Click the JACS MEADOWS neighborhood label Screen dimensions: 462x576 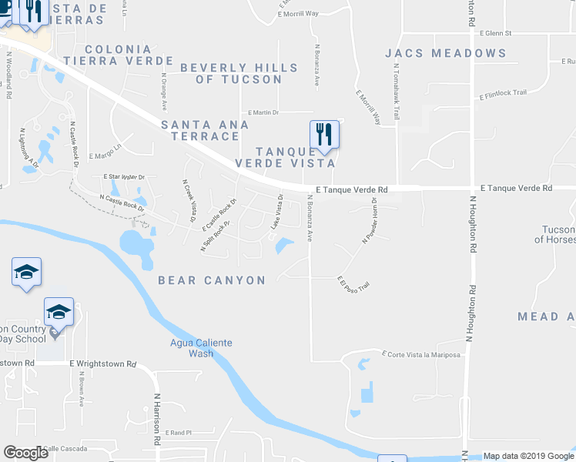click(446, 53)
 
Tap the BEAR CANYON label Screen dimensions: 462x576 click(212, 280)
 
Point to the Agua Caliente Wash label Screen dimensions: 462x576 click(201, 348)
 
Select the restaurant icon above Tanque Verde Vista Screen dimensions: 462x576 click(324, 136)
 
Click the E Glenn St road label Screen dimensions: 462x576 click(495, 34)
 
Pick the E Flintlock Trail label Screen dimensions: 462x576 click(503, 94)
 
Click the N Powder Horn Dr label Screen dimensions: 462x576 click(370, 221)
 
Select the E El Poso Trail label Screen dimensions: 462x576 click(353, 283)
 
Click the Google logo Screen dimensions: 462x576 click(25, 453)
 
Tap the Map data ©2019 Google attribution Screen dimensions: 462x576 click(527, 456)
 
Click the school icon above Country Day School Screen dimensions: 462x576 click(59, 312)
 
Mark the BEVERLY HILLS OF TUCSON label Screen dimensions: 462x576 click(239, 73)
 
